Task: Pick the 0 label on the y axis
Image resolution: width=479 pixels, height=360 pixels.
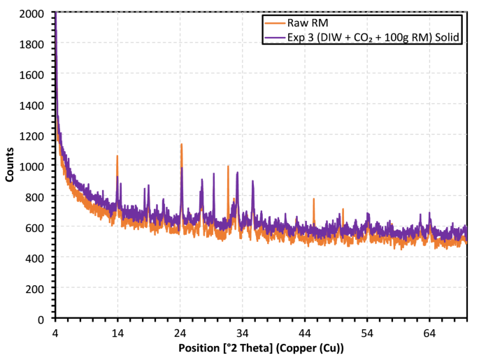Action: [x=46, y=319]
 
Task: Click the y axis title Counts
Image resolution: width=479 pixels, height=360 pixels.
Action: [x=10, y=166]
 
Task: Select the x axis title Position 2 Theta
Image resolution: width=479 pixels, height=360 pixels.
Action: [x=261, y=347]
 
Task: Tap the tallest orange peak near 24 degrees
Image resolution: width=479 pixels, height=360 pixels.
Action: [x=181, y=145]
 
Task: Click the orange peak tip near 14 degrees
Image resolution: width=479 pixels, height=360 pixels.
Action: [x=117, y=157]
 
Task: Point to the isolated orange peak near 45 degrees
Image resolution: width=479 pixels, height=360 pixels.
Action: [x=313, y=199]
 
